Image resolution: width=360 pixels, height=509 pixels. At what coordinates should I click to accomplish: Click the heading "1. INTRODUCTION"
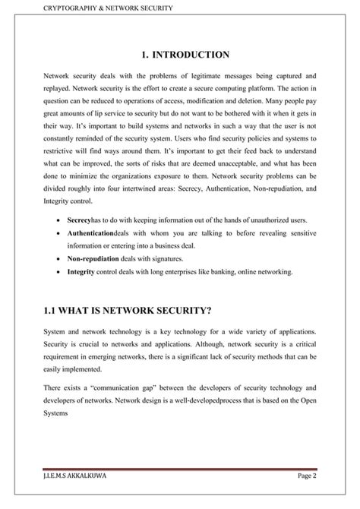pyautogui.click(x=180, y=55)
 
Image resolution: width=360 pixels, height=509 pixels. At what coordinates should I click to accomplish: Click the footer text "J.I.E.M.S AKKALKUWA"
pyautogui.click(x=72, y=497)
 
